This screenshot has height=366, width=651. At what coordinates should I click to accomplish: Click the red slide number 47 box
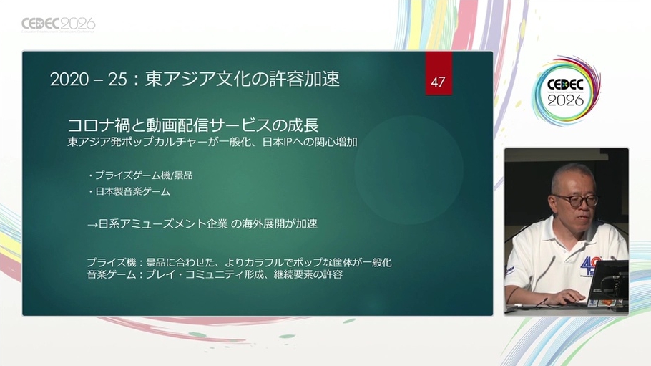pyautogui.click(x=439, y=73)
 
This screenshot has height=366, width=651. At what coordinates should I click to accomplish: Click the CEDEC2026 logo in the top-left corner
pyautogui.click(x=58, y=24)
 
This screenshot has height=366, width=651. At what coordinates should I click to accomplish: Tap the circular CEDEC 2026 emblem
pyautogui.click(x=565, y=92)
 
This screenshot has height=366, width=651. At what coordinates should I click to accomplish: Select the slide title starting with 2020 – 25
pyautogui.click(x=195, y=79)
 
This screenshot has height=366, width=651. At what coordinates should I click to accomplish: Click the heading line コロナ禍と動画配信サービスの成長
pyautogui.click(x=193, y=125)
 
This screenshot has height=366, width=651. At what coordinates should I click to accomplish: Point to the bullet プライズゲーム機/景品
pyautogui.click(x=140, y=175)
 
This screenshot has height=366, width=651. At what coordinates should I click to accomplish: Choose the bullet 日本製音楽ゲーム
pyautogui.click(x=129, y=191)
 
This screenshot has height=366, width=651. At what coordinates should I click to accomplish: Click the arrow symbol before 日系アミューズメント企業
pyautogui.click(x=92, y=225)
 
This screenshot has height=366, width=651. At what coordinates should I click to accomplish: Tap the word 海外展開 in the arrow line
pyautogui.click(x=263, y=223)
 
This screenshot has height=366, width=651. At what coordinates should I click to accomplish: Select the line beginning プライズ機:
pyautogui.click(x=239, y=262)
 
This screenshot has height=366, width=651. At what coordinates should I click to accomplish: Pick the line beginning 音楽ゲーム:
pyautogui.click(x=215, y=274)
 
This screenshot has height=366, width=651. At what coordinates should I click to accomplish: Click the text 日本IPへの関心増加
pyautogui.click(x=310, y=142)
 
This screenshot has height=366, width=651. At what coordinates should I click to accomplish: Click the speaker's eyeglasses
pyautogui.click(x=576, y=201)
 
